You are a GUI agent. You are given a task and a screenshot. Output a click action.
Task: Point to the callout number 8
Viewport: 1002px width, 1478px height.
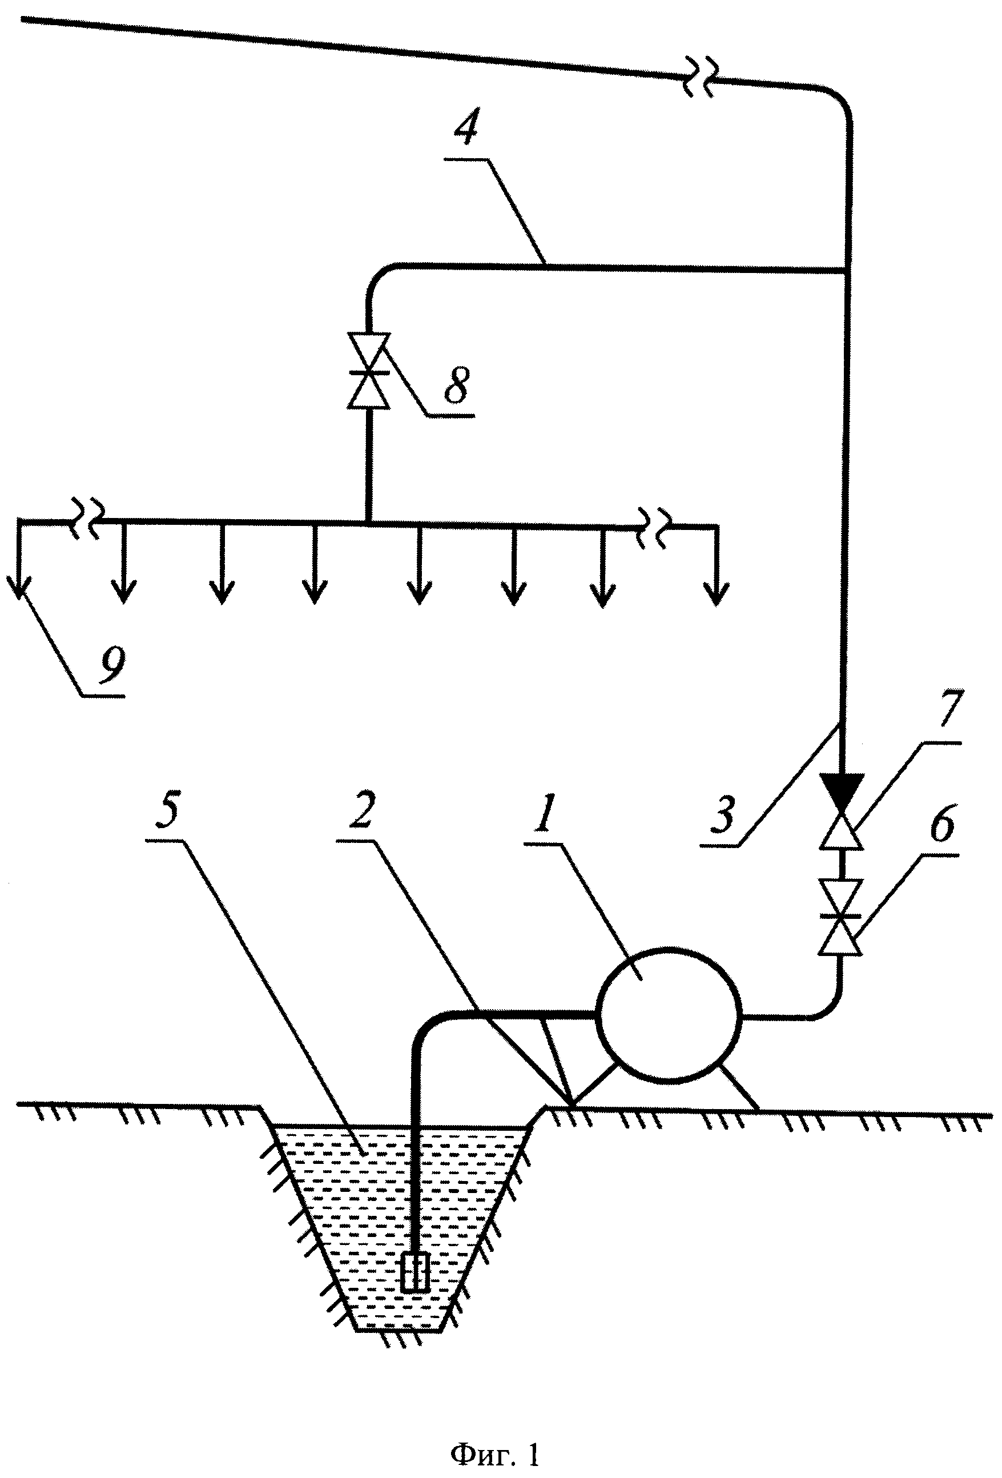(457, 385)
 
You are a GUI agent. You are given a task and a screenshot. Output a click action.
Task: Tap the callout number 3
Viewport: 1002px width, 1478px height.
(723, 816)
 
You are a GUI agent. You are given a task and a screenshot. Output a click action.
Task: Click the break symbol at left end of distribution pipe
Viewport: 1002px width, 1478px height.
(86, 521)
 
